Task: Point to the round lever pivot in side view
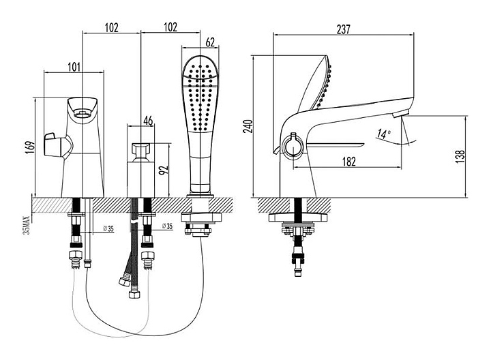pyautogui.click(x=293, y=145)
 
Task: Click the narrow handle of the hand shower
pyautogui.click(x=200, y=164)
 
